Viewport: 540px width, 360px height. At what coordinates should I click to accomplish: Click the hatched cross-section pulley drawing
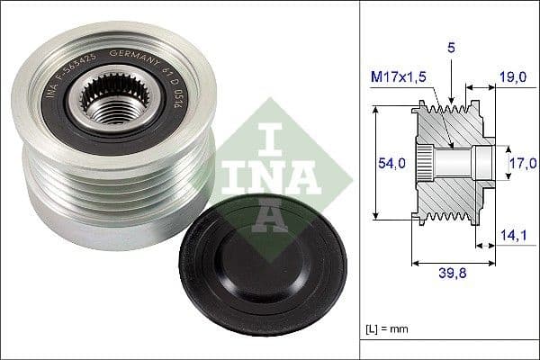tap(450, 162)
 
